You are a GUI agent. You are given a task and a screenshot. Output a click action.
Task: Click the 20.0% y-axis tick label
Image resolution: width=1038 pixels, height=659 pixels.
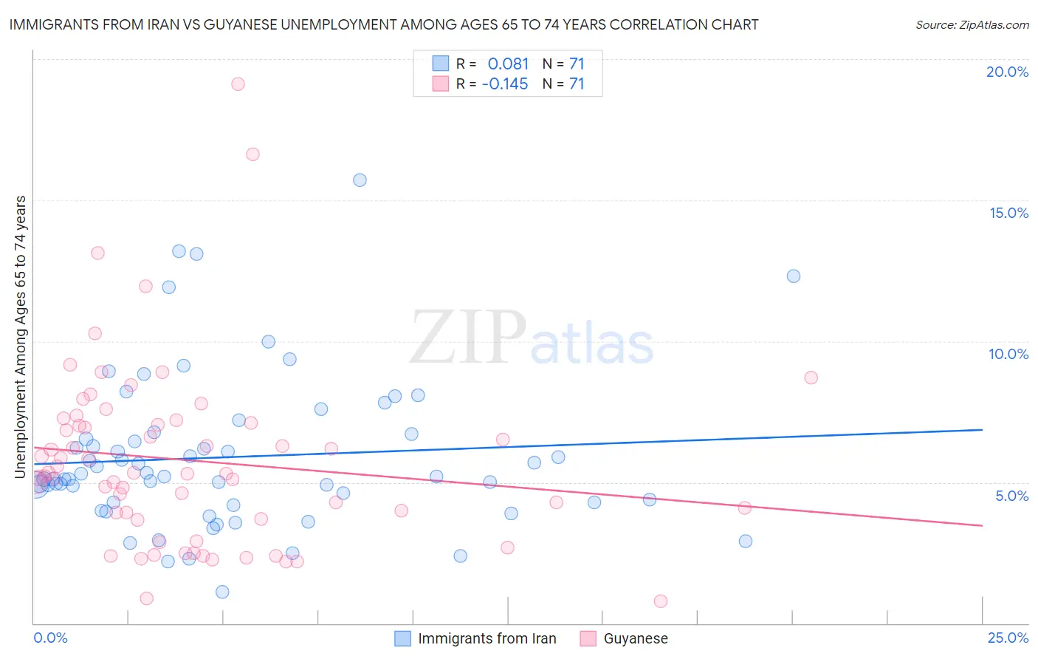[1007, 72]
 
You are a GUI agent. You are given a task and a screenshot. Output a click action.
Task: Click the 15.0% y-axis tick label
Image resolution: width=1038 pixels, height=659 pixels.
[1008, 213]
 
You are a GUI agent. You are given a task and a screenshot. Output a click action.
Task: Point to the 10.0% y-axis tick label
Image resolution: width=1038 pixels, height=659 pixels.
[1008, 354]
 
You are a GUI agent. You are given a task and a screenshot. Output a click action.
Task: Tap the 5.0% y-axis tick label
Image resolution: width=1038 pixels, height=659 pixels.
[1011, 496]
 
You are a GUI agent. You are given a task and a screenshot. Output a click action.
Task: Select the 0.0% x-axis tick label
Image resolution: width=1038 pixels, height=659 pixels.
[50, 638]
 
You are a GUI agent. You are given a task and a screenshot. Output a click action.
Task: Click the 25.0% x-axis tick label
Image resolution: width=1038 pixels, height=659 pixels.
[1008, 638]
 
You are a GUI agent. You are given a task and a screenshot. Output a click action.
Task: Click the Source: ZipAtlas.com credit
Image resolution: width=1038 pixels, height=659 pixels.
[972, 24]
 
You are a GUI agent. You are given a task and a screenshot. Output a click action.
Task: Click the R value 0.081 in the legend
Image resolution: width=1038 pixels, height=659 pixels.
[508, 64]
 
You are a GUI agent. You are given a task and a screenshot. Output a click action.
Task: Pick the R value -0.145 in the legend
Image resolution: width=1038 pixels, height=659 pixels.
[505, 83]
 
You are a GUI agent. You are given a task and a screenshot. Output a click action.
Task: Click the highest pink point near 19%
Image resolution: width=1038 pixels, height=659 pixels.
[238, 83]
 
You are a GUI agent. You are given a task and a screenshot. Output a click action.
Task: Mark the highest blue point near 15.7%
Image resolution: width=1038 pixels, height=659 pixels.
[360, 180]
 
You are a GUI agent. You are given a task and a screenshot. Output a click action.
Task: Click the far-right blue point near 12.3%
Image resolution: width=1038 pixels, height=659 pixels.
[794, 276]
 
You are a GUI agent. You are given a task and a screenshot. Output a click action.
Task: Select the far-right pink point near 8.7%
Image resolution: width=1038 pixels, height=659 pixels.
[811, 378]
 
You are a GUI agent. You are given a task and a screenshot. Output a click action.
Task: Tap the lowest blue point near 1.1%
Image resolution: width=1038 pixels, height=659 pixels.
[222, 592]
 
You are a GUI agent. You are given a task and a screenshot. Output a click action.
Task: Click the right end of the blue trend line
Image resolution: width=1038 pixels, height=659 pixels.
[982, 429]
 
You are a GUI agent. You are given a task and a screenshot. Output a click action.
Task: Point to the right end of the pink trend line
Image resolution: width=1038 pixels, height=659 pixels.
[982, 525]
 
